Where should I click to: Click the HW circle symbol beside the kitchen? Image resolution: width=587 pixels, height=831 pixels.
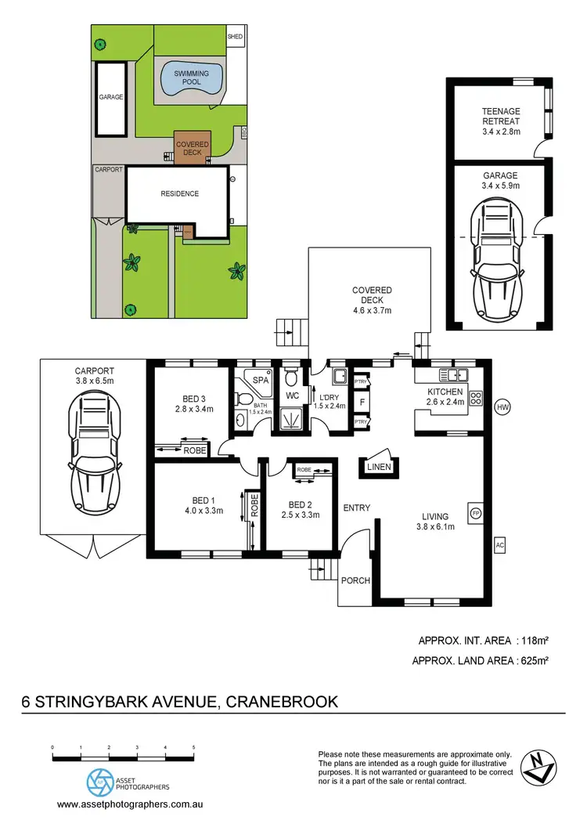pyautogui.click(x=502, y=407)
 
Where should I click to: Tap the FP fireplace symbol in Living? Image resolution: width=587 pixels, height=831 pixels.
pyautogui.click(x=475, y=513)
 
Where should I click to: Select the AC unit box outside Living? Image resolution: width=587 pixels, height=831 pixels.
pyautogui.click(x=499, y=544)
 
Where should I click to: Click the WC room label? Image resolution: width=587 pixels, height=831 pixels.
pyautogui.click(x=293, y=396)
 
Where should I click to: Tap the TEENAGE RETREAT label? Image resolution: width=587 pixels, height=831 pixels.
pyautogui.click(x=501, y=116)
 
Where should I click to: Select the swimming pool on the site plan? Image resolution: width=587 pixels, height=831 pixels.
pyautogui.click(x=191, y=78)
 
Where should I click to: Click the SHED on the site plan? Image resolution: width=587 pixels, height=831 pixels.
pyautogui.click(x=235, y=37)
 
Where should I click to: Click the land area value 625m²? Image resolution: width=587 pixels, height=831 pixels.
pyautogui.click(x=529, y=661)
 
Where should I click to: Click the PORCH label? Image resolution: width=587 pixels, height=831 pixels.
pyautogui.click(x=355, y=580)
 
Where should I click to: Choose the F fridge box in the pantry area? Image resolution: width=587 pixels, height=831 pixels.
pyautogui.click(x=362, y=402)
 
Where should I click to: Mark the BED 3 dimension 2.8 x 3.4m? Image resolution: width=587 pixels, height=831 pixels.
pyautogui.click(x=193, y=409)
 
